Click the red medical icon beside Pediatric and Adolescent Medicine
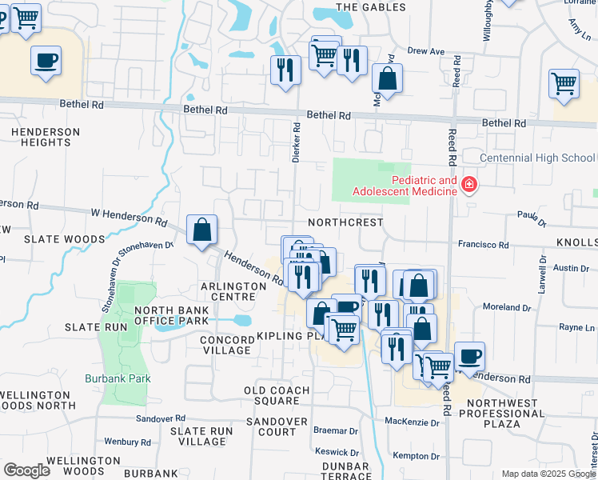coord(468,186)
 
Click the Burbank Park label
coord(118,378)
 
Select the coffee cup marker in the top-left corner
coord(46,60)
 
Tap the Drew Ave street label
coord(425,50)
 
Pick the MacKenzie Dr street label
coord(413,422)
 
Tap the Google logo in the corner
coord(26,470)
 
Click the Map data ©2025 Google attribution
coord(548,474)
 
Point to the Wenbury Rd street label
coord(128,442)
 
